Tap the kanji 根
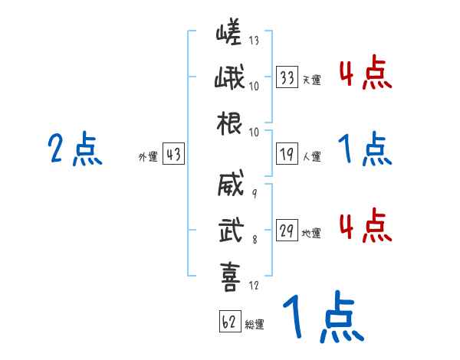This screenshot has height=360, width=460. [x=230, y=123]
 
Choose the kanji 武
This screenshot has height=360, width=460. [x=230, y=229]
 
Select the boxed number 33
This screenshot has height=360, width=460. [x=287, y=77]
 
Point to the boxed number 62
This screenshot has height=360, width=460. [x=229, y=322]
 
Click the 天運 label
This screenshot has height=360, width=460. [x=311, y=80]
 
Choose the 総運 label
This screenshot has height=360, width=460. [x=254, y=324]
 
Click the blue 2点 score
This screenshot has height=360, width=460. [x=75, y=149]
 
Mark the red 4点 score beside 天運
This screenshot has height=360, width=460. [x=366, y=74]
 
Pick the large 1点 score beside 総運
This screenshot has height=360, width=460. [x=322, y=317]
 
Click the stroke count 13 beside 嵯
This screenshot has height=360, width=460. [x=254, y=41]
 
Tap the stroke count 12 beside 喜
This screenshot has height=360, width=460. [x=254, y=286]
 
